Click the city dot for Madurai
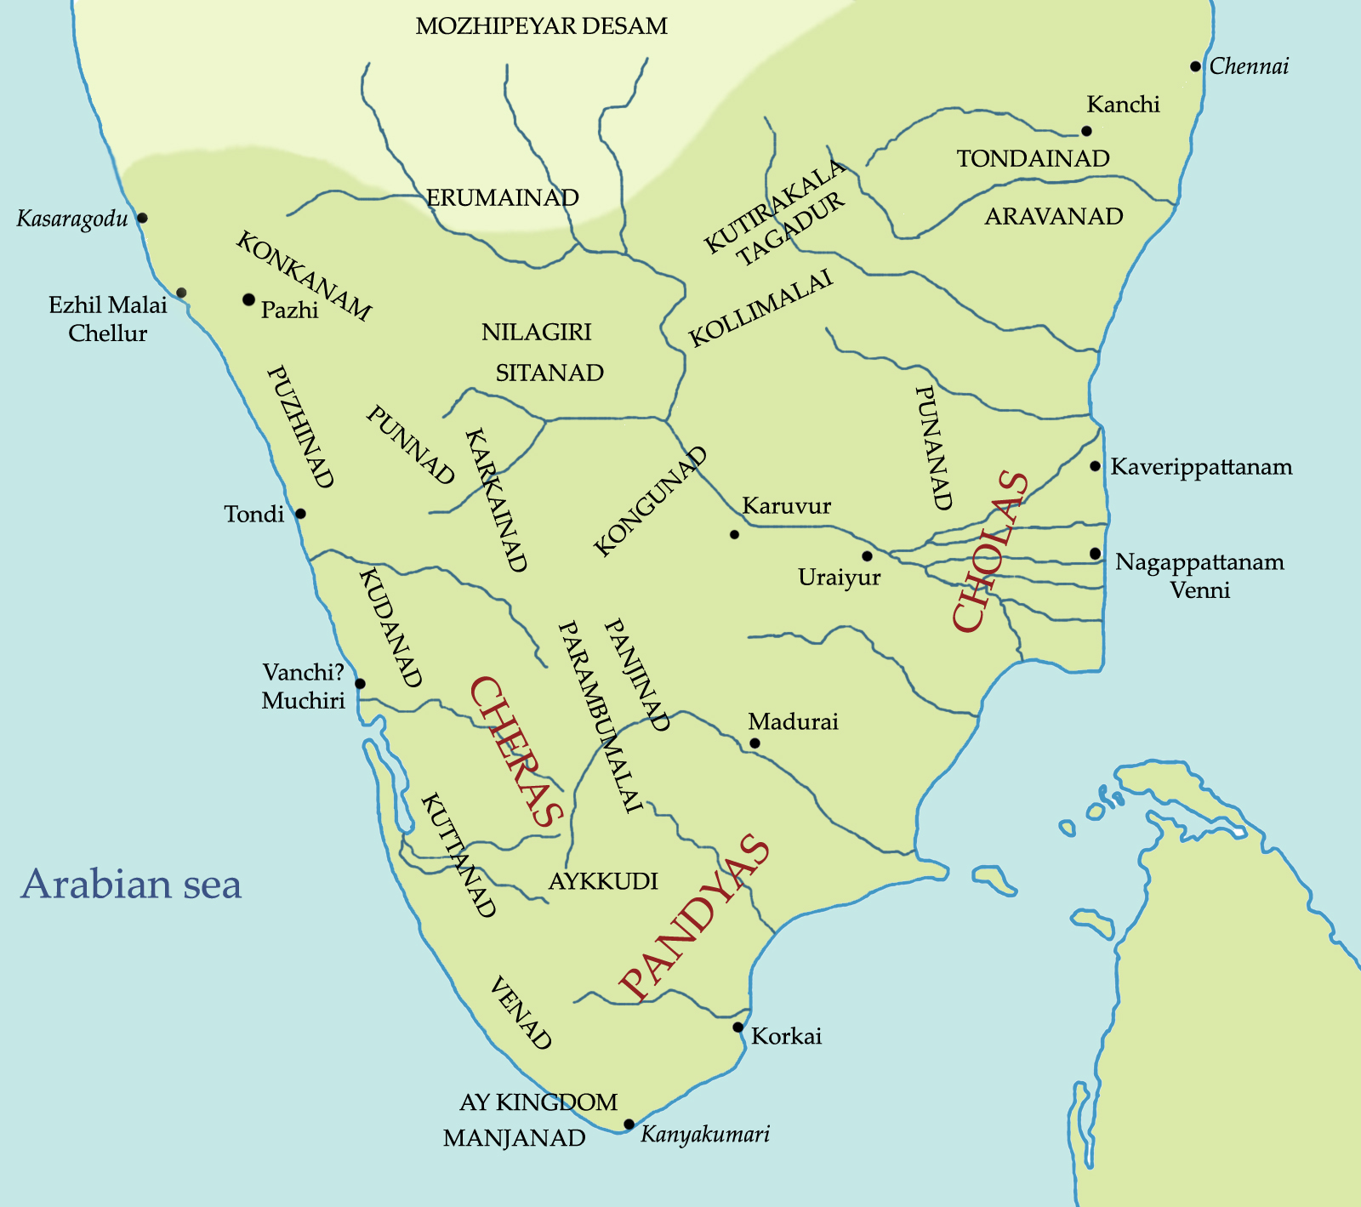[x=755, y=743]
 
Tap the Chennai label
[x=1249, y=66]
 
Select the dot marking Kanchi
[x=1086, y=131]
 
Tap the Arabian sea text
[x=132, y=884]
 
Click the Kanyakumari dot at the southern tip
[x=629, y=1124]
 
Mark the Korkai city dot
[x=738, y=1028]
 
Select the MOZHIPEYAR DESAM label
[x=542, y=26]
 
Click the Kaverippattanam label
[x=1201, y=467]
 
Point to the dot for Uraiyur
[x=867, y=556]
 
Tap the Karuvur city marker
[x=734, y=534]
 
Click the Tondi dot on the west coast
[x=300, y=514]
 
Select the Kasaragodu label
[x=72, y=219]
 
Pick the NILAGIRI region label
[x=536, y=332]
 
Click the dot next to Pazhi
[x=248, y=299]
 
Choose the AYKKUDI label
[x=603, y=880]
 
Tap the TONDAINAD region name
[x=1033, y=158]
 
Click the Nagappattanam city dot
[x=1095, y=554]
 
